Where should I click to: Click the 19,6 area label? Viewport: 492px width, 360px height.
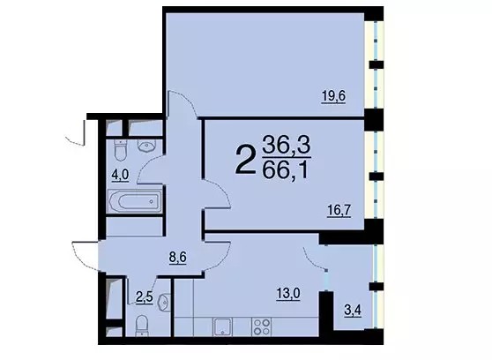[333, 96]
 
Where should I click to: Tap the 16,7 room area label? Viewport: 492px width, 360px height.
[339, 211]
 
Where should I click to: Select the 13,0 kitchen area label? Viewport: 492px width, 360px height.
[288, 294]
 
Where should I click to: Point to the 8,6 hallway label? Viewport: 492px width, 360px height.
[177, 258]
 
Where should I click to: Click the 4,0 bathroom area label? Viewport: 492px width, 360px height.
[121, 175]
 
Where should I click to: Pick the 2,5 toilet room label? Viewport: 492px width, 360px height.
[145, 296]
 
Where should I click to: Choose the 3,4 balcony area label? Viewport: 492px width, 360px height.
[353, 311]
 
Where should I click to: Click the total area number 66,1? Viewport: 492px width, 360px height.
[285, 171]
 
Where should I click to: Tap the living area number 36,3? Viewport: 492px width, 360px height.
[287, 144]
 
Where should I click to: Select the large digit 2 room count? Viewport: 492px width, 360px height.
[245, 159]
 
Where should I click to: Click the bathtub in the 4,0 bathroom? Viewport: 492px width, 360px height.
[135, 201]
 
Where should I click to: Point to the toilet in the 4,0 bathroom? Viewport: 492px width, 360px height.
[121, 149]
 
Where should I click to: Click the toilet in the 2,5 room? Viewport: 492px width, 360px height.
[142, 326]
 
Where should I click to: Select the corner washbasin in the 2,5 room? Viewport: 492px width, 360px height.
[164, 302]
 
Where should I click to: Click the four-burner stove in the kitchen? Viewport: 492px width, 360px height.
[261, 326]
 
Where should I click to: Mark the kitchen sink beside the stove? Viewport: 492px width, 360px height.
[222, 327]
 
